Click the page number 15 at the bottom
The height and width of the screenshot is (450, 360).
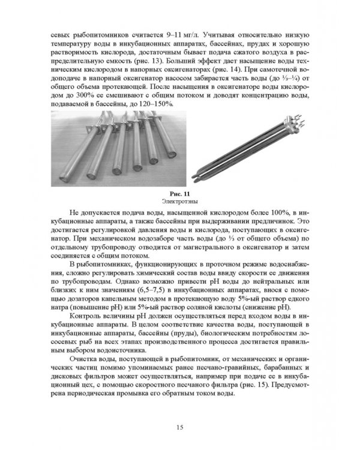point(180,427)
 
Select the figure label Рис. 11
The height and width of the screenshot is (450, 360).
point(180,193)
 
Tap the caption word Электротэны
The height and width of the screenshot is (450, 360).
point(180,201)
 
